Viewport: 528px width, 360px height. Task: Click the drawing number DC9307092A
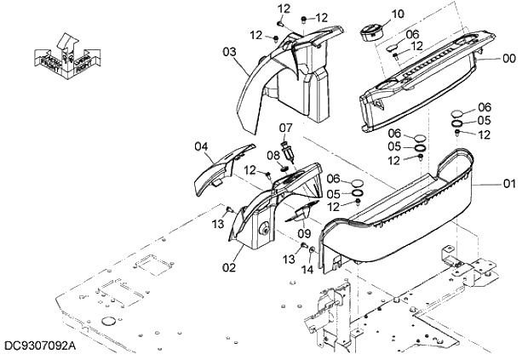coord(38,347)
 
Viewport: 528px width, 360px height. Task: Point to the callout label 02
coord(229,267)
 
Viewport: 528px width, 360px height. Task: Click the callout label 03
coord(230,52)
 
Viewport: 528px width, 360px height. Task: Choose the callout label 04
coord(201,146)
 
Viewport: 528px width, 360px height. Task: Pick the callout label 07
coord(286,128)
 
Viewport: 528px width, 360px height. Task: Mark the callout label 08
coord(274,155)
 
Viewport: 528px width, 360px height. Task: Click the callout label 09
coord(304,233)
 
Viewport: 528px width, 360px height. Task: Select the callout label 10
coord(399,14)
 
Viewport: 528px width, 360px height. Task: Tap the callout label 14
coord(307,269)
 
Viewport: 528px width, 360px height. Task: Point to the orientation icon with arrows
coord(66,52)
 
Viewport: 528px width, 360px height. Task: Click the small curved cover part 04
coord(221,169)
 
